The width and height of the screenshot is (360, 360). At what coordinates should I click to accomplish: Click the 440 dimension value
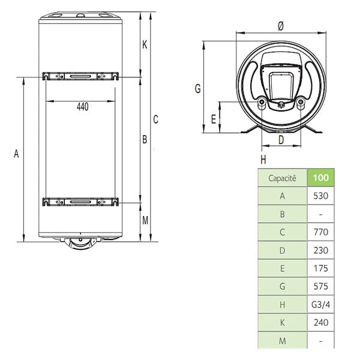pyautogui.click(x=83, y=107)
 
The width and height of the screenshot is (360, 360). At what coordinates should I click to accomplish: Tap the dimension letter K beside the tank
pyautogui.click(x=145, y=44)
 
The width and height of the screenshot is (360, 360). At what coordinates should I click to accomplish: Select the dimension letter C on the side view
pyautogui.click(x=155, y=119)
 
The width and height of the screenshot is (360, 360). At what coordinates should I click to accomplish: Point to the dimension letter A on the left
pyautogui.click(x=16, y=154)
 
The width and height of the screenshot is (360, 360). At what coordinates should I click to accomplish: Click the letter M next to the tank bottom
pyautogui.click(x=145, y=220)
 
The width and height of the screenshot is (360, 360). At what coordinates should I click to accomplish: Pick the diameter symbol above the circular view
pyautogui.click(x=281, y=26)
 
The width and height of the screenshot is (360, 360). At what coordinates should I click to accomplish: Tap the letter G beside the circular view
pyautogui.click(x=197, y=89)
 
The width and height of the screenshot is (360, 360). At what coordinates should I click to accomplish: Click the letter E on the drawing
pyautogui.click(x=214, y=119)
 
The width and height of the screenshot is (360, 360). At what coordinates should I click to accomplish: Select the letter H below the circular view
pyautogui.click(x=263, y=160)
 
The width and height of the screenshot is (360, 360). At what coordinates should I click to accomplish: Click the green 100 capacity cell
pyautogui.click(x=321, y=178)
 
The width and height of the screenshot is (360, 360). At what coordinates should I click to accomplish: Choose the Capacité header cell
pyautogui.click(x=283, y=178)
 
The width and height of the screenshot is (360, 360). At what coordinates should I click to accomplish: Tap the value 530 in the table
pyautogui.click(x=321, y=196)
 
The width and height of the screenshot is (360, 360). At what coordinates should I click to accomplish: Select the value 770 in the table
pyautogui.click(x=321, y=232)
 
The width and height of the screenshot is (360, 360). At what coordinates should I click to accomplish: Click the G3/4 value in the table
pyautogui.click(x=321, y=304)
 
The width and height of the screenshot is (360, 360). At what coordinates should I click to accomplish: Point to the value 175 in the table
pyautogui.click(x=321, y=268)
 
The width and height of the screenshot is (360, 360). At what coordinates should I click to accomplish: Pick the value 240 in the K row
pyautogui.click(x=321, y=323)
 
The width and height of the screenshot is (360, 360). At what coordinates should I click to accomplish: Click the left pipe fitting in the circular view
pyautogui.click(x=262, y=102)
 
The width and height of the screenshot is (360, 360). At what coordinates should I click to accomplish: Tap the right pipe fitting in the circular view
pyautogui.click(x=301, y=102)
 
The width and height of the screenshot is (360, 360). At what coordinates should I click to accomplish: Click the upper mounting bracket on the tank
pyautogui.click(x=80, y=76)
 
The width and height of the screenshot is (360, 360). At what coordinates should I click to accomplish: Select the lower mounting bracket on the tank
pyautogui.click(x=80, y=202)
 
